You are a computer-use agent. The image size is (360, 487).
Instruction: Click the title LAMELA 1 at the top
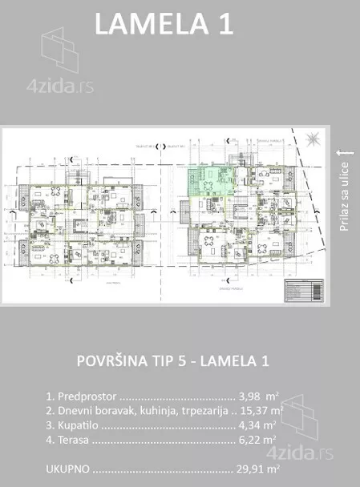point(164,23)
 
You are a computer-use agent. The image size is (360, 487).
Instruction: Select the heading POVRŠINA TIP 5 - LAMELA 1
point(172,360)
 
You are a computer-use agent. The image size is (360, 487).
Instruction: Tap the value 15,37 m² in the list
point(257,410)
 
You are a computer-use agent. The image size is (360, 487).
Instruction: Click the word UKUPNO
point(67,469)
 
